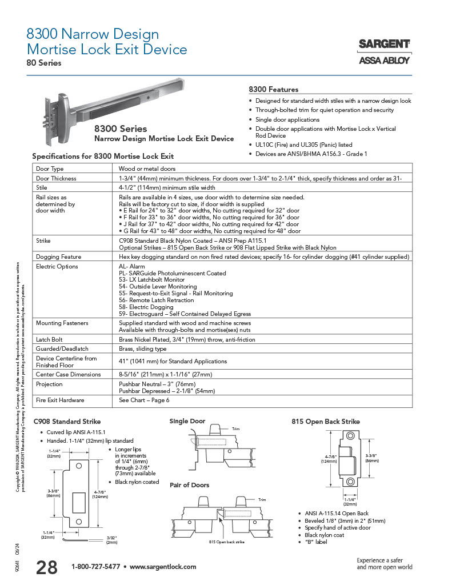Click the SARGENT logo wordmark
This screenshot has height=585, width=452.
click(x=384, y=44)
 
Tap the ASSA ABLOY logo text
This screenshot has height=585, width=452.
click(x=384, y=61)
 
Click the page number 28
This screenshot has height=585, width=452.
click(x=46, y=567)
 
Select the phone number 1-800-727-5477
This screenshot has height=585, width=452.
click(x=95, y=567)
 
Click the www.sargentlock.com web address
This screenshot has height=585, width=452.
click(x=163, y=567)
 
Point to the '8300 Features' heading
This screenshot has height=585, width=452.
click(x=274, y=90)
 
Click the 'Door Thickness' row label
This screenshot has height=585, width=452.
click(x=56, y=178)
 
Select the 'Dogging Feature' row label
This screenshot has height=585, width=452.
click(x=58, y=257)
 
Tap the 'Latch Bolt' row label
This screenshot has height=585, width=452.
click(x=50, y=339)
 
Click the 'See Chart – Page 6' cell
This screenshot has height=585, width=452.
click(x=144, y=400)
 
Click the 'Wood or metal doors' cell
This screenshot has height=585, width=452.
click(x=147, y=169)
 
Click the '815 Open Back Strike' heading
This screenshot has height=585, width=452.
click(x=326, y=422)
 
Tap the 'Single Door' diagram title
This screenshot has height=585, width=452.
click(x=187, y=421)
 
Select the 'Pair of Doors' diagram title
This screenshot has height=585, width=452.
click(x=189, y=485)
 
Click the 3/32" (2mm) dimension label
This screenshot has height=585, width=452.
click(x=112, y=539)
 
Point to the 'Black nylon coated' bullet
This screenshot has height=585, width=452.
click(x=137, y=482)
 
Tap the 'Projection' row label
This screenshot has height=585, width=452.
click(x=49, y=384)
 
